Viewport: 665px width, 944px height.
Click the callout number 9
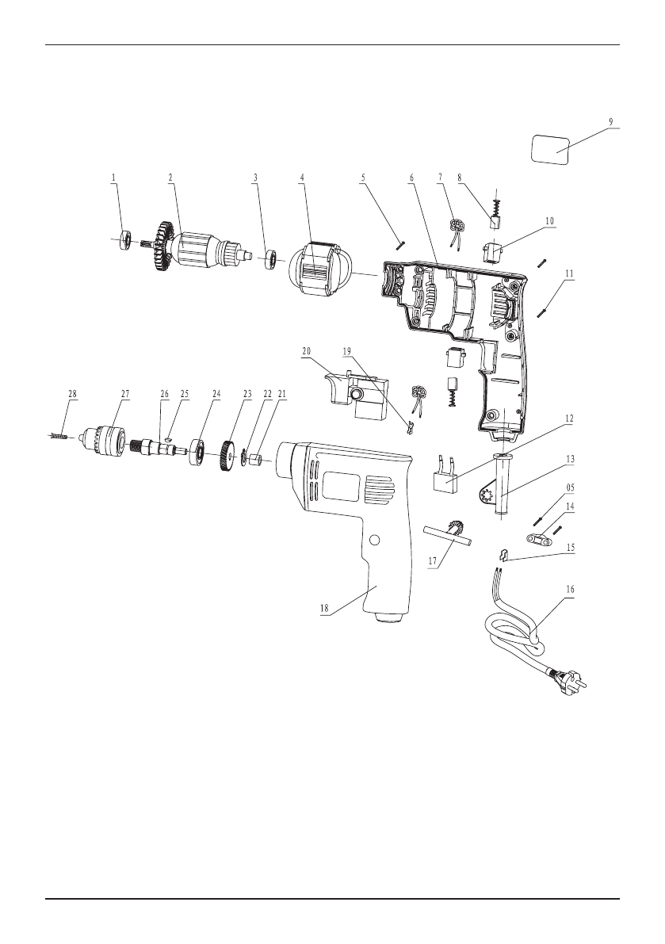coord(610,121)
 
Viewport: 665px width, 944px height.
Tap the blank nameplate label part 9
coord(551,148)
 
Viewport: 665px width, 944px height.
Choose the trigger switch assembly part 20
coord(354,396)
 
